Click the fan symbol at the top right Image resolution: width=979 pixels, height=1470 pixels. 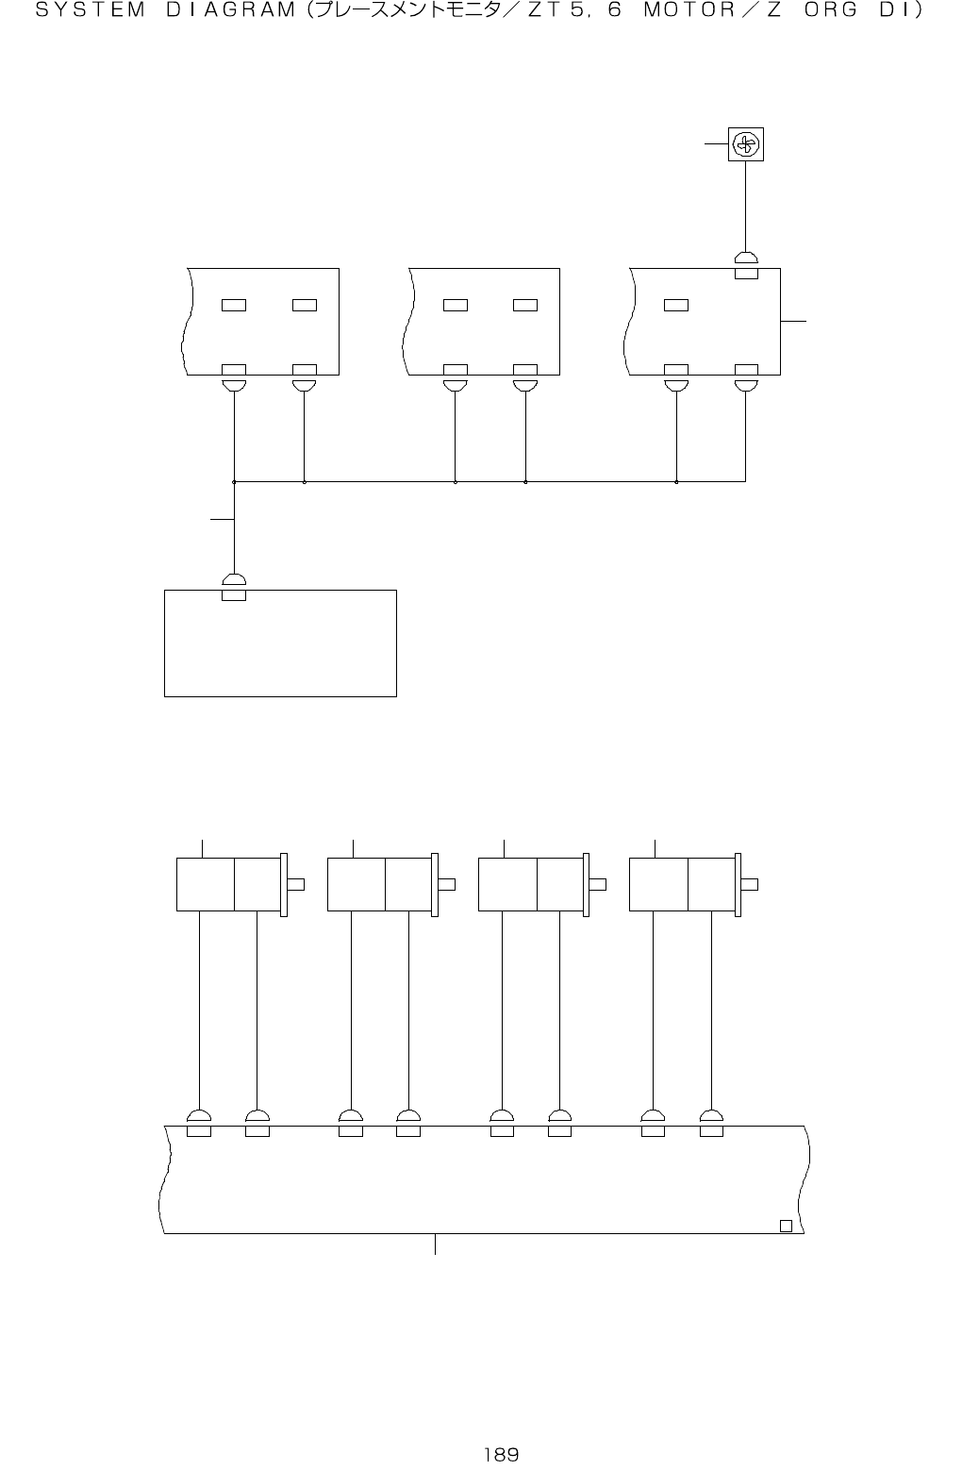[x=745, y=144]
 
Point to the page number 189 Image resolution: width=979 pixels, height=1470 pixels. [x=501, y=1454]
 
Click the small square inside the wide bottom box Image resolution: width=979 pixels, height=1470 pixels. [x=786, y=1226]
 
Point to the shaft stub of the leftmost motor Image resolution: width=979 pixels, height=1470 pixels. [x=295, y=884]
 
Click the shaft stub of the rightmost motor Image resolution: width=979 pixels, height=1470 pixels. [x=750, y=884]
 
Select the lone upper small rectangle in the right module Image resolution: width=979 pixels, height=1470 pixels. [x=676, y=305]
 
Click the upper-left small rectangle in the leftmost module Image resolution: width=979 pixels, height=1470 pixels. [x=234, y=305]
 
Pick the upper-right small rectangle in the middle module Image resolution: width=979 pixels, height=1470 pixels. [x=525, y=305]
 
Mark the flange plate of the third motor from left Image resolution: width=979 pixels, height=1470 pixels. [x=587, y=884]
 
